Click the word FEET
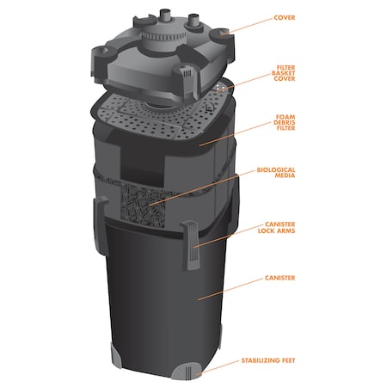point(286,361)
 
